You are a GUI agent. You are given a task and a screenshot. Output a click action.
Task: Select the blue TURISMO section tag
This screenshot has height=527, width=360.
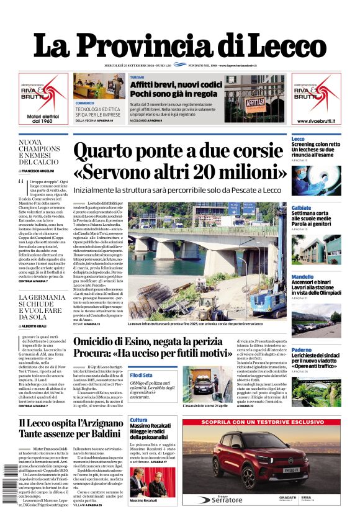point(137,77)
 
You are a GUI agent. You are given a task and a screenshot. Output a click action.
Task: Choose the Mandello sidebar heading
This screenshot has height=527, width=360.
point(302,277)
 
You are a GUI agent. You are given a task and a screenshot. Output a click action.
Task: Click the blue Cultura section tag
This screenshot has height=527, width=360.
point(138,420)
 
